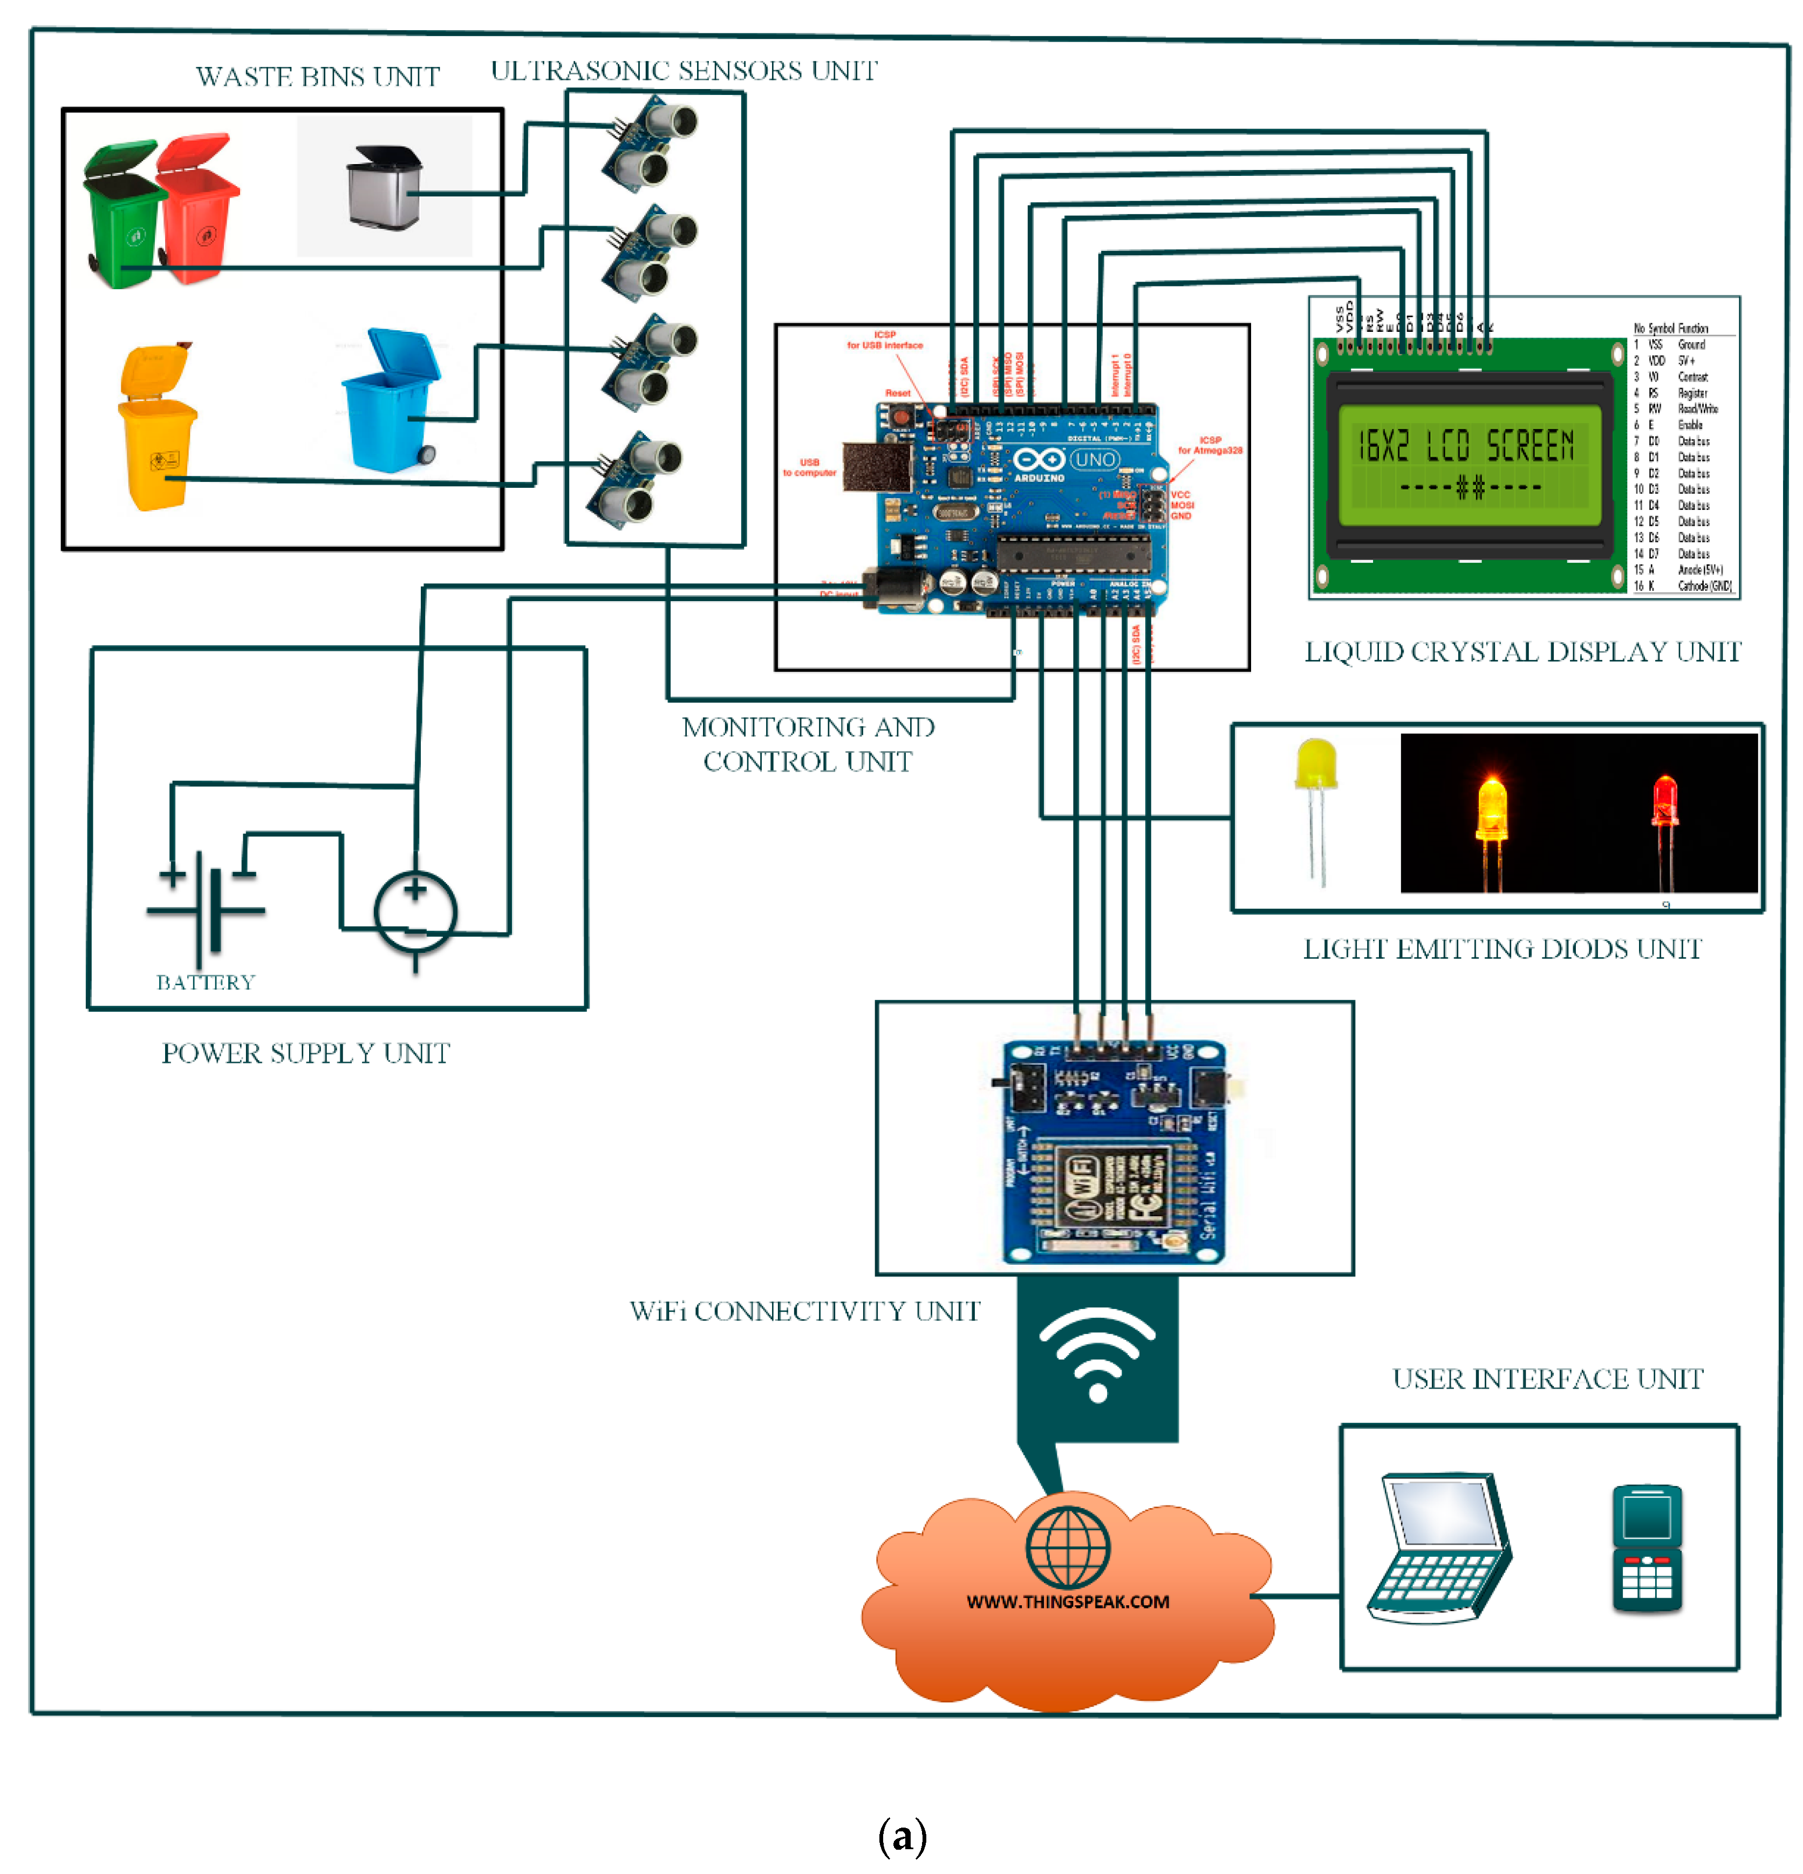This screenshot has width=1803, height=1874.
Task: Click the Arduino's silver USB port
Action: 876,467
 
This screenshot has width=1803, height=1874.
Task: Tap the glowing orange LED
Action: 1491,808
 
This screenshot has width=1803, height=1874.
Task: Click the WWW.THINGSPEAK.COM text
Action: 1068,1602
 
